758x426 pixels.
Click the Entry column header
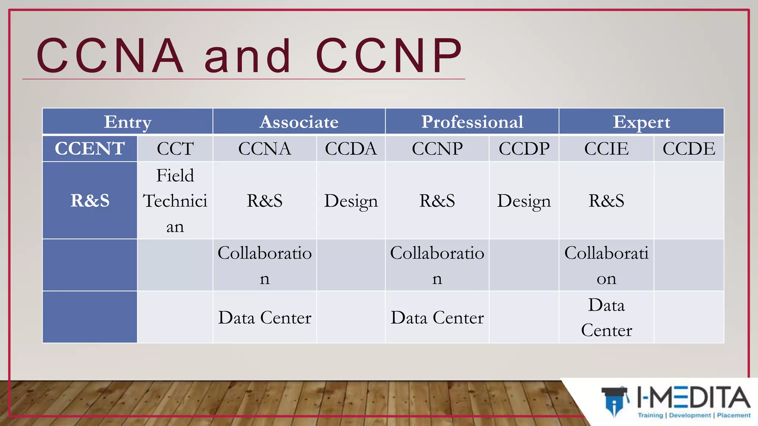coord(128,122)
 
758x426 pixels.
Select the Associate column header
coord(299,122)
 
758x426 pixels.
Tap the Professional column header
coord(472,122)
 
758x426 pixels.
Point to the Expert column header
coord(641,122)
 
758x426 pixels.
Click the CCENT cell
coord(90,149)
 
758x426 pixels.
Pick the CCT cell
coord(175,149)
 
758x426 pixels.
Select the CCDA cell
coord(351,149)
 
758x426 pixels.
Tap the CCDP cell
coord(524,149)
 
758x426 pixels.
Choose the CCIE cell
coord(606,149)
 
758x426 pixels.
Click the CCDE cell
coord(689,149)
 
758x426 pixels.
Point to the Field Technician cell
coord(175,201)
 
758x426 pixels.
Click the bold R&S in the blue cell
coord(90,201)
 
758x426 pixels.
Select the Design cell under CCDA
coord(351,201)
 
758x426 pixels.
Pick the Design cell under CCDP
coord(524,201)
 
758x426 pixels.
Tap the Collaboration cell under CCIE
coord(606,265)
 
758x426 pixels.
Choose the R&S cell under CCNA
coord(265,201)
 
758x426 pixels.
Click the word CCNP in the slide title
coord(389,55)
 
